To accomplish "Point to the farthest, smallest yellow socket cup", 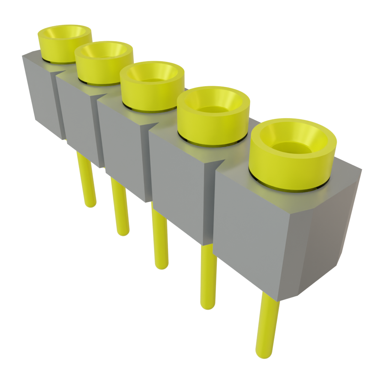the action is [64, 49].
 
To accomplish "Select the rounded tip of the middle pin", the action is [162, 265].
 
